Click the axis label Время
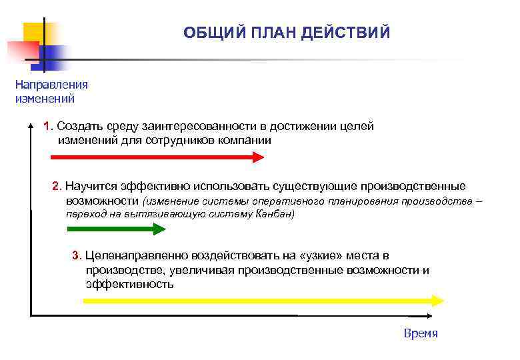click(421, 333)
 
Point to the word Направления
click(51, 85)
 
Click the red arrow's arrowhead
click(258, 157)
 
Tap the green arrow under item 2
click(117, 229)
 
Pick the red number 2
click(56, 185)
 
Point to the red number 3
click(75, 255)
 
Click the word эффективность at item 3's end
click(129, 284)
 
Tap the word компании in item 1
click(248, 141)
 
